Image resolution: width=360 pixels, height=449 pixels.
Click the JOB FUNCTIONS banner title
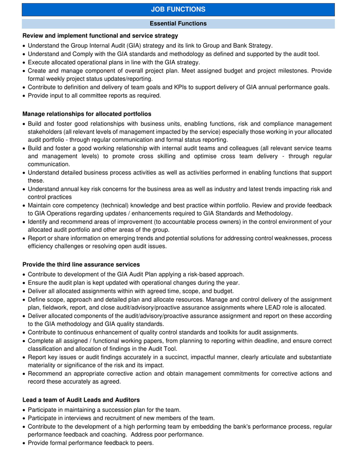coord(178,9)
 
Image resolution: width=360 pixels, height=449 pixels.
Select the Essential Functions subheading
coord(178,24)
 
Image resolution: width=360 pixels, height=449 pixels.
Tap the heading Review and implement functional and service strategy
coord(100,36)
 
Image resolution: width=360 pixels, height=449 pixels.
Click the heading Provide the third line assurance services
coord(81,264)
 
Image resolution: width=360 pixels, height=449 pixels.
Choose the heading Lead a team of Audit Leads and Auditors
coord(81,400)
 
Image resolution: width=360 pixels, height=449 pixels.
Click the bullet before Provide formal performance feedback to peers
coord(24,443)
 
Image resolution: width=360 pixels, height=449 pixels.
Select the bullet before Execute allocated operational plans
coord(24,62)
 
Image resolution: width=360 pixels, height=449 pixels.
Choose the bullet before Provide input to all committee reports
coord(24,96)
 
